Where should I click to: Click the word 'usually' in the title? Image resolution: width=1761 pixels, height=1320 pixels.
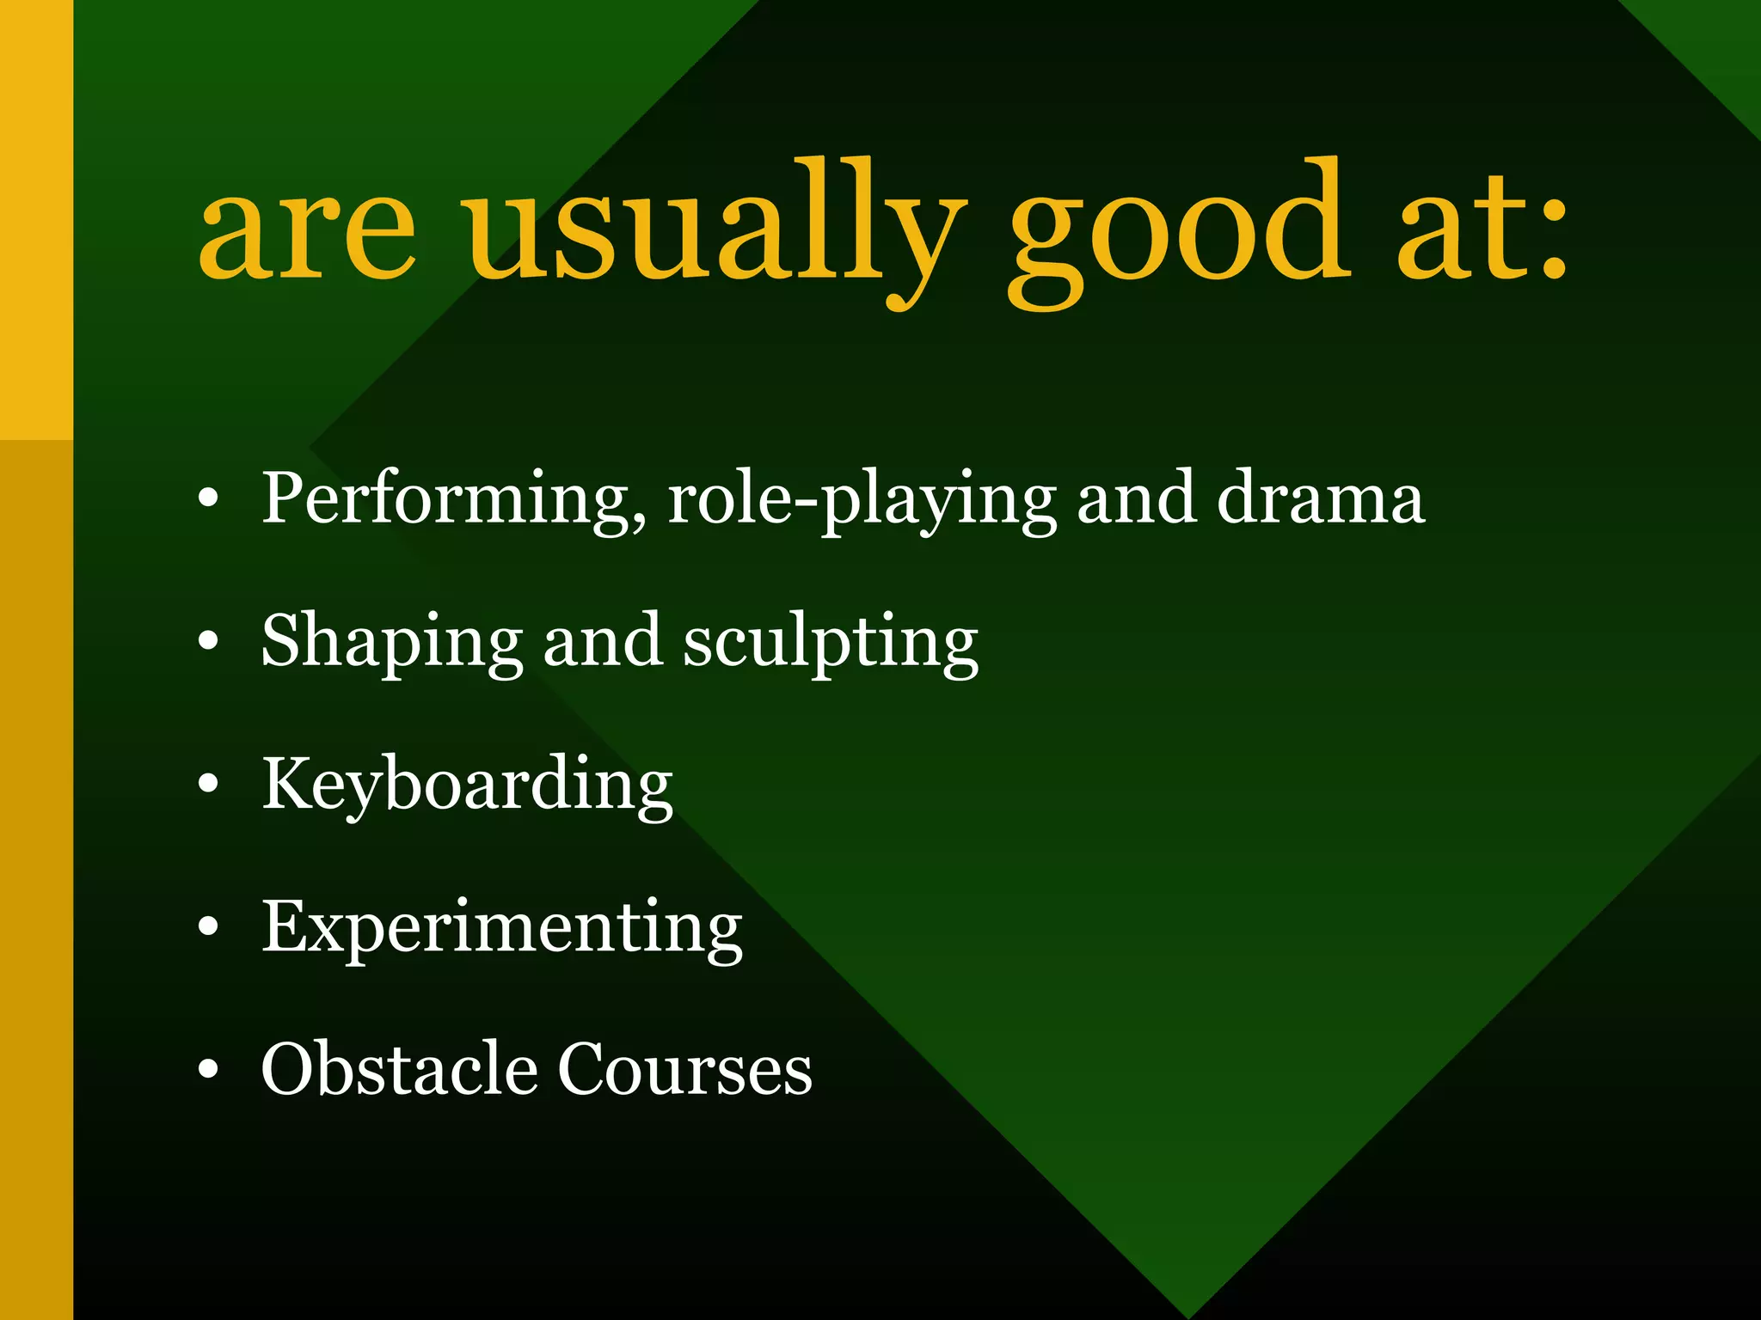coord(712,228)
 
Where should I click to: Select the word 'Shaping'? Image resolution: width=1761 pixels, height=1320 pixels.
coord(392,643)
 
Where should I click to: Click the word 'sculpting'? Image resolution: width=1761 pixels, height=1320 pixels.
coord(831,643)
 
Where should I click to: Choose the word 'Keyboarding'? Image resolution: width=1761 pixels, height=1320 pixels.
coord(467,785)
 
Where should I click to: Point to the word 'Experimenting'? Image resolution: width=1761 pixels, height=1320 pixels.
coord(502,928)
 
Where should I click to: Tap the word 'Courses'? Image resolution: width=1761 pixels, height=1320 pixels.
coord(684,1069)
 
